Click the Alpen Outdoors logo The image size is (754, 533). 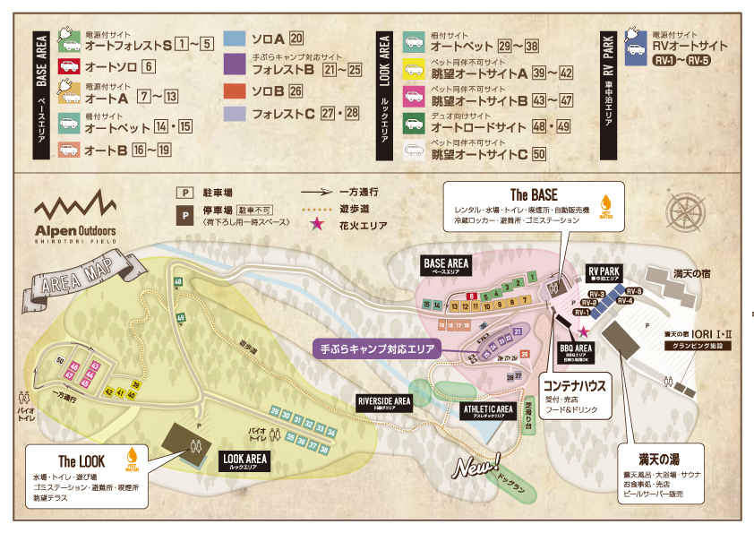[x=76, y=218]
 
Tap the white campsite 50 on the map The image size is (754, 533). [x=60, y=360]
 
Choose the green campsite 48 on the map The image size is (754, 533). [x=178, y=283]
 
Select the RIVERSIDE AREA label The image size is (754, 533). [x=384, y=401]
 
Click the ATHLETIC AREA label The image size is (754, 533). [x=488, y=410]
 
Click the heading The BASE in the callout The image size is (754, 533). [x=534, y=194]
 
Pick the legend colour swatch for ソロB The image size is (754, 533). [x=235, y=90]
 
